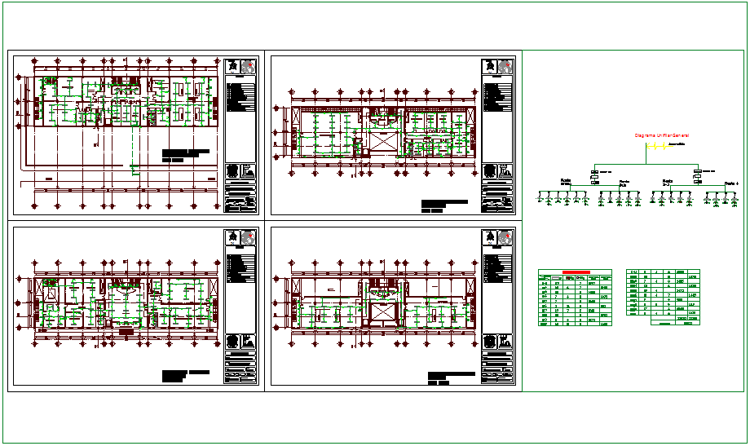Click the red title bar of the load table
click(x=576, y=272)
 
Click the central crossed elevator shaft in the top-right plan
click(x=383, y=139)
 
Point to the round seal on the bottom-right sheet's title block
click(x=492, y=342)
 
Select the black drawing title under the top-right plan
click(x=444, y=205)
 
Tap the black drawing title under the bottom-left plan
click(x=185, y=376)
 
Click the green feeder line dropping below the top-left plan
click(x=133, y=155)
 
